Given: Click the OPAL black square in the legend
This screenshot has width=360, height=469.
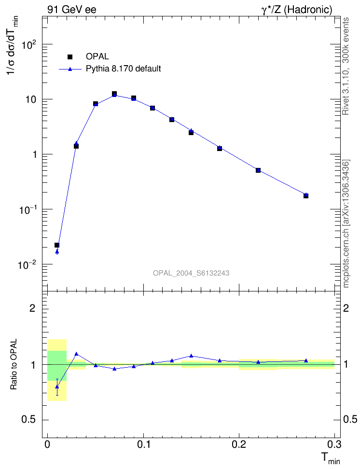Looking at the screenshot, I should click(x=70, y=57).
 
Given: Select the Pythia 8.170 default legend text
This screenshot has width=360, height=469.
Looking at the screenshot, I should click(x=123, y=69).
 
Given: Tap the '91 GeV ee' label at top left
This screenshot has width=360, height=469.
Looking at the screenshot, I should click(x=71, y=9).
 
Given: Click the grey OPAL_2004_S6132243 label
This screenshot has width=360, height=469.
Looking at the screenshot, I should click(x=191, y=273).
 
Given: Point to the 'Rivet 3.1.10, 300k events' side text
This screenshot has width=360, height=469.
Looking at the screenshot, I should click(x=346, y=66).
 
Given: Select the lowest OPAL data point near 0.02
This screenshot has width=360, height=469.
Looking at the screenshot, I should click(x=57, y=245).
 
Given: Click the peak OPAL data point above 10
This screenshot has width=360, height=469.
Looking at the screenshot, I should click(x=114, y=94).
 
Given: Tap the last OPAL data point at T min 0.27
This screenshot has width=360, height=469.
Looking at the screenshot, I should click(x=306, y=195).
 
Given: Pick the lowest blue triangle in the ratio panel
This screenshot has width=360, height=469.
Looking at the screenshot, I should click(x=57, y=386).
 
